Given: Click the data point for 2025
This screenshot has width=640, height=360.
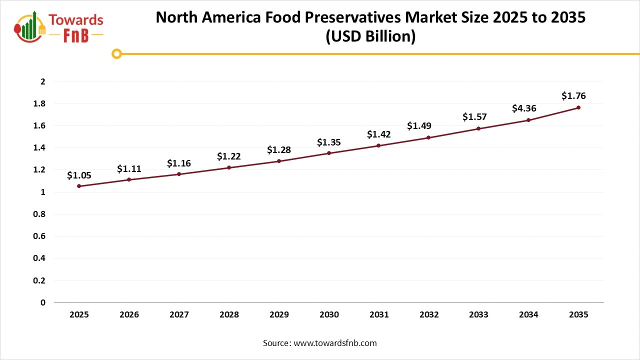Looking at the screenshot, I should (79, 186).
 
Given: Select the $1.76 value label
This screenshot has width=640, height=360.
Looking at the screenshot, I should (573, 96).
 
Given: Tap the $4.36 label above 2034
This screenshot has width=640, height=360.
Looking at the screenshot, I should (524, 108).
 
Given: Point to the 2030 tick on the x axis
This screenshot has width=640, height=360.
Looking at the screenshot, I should (329, 315).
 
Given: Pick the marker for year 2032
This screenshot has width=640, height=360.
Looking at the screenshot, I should (428, 137).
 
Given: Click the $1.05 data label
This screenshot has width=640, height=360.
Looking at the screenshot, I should (79, 175).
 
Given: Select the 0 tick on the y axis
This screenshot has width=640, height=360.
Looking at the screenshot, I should (43, 302).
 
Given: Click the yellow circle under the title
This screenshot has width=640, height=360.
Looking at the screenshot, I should (116, 53).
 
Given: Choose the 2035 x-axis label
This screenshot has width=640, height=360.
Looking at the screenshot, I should (578, 315).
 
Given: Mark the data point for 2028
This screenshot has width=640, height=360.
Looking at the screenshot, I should (229, 167).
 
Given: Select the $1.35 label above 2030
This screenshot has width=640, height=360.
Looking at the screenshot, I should (329, 142).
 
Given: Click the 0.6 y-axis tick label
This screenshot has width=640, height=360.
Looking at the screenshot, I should (40, 236).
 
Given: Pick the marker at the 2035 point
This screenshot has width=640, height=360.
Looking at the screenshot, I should (578, 107).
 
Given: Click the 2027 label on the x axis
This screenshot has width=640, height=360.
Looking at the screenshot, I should (179, 315).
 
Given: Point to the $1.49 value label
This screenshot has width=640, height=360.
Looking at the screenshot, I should (419, 126).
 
